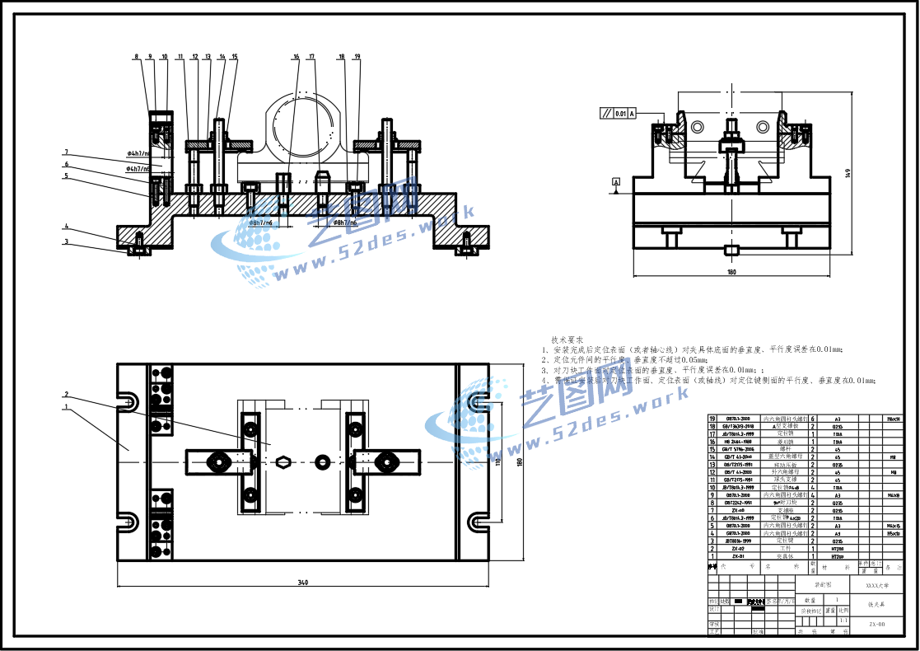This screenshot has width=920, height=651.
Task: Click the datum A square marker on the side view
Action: tap(615, 180)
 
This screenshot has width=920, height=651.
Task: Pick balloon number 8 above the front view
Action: tap(137, 57)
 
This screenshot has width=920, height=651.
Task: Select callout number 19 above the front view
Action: tap(357, 57)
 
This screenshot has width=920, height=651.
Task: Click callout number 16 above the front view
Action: tap(296, 57)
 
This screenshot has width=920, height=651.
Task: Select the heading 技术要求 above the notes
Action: tap(567, 340)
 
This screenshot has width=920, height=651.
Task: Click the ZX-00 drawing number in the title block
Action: tap(876, 624)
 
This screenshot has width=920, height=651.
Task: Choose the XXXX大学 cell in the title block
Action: tap(876, 584)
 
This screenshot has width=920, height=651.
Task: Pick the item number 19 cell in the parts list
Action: tap(712, 419)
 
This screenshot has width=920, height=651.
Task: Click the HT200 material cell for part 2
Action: tap(838, 547)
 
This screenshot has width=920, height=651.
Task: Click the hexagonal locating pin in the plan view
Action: tap(283, 461)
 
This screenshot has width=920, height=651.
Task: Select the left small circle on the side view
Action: tap(698, 127)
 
